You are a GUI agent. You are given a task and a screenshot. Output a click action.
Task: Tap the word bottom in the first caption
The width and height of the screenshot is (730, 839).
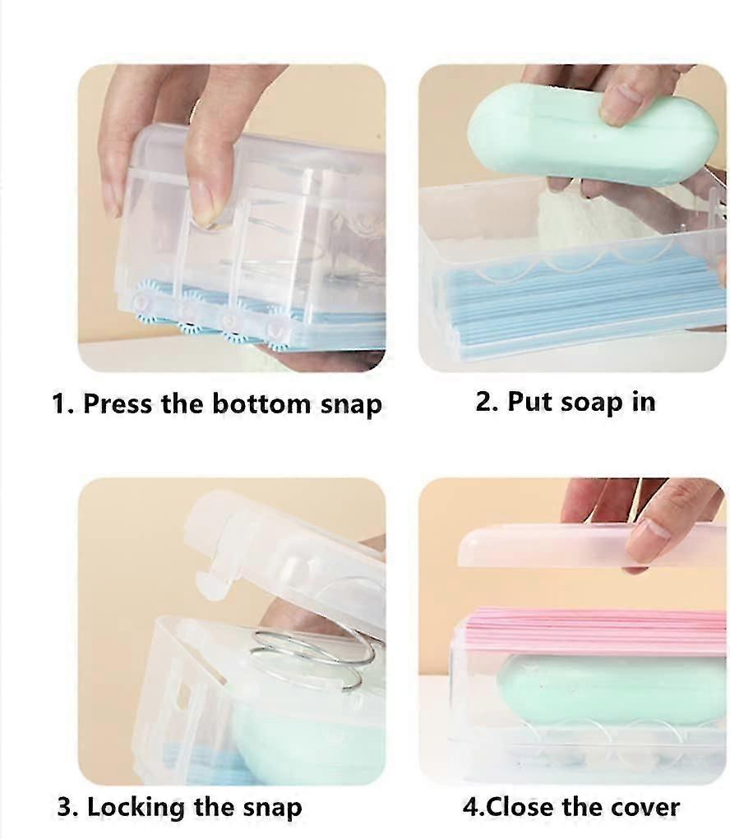tap(261, 403)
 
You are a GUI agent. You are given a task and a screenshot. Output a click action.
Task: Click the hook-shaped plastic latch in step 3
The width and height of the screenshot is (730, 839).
tap(214, 580)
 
